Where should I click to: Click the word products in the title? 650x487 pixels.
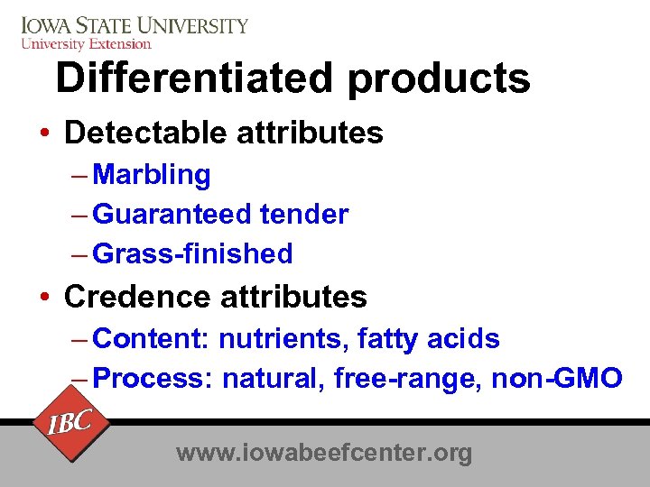(439, 80)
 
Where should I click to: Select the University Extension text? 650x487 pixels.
(86, 43)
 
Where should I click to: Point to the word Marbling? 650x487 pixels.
(152, 175)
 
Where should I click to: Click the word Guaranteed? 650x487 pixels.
(172, 215)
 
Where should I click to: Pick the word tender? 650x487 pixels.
(303, 215)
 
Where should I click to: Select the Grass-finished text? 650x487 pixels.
(192, 254)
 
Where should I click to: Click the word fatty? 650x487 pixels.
(388, 340)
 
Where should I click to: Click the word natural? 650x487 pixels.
(273, 379)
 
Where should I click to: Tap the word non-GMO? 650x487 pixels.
(556, 379)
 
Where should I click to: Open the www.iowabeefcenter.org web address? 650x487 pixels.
(324, 453)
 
